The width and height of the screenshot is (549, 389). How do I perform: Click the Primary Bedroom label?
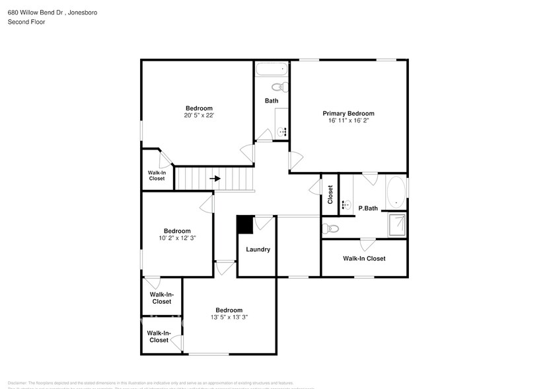(x=348, y=113)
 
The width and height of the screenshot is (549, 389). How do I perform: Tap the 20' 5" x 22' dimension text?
(x=199, y=116)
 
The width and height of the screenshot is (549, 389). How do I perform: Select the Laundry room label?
(x=258, y=249)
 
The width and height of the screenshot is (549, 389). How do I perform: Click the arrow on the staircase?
(x=215, y=178)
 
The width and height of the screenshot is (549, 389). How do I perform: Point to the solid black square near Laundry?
(x=244, y=224)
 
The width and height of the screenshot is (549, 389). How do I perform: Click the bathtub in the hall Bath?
(x=272, y=68)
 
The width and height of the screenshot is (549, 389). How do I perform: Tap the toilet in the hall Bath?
(x=277, y=88)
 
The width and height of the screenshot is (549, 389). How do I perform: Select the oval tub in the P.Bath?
(x=396, y=191)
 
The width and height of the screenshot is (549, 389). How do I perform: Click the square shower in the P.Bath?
(x=398, y=224)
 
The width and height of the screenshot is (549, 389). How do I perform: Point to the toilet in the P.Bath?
(x=330, y=229)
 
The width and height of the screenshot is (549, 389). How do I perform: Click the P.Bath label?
(x=368, y=208)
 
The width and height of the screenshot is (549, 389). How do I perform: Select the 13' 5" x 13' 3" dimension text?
(x=229, y=318)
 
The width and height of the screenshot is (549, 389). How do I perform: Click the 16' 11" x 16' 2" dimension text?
(x=348, y=120)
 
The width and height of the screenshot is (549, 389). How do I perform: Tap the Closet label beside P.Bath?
(x=330, y=194)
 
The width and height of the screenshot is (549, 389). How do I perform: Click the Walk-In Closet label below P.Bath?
(x=364, y=259)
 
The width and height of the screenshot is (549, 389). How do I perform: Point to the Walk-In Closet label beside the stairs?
(x=157, y=175)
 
